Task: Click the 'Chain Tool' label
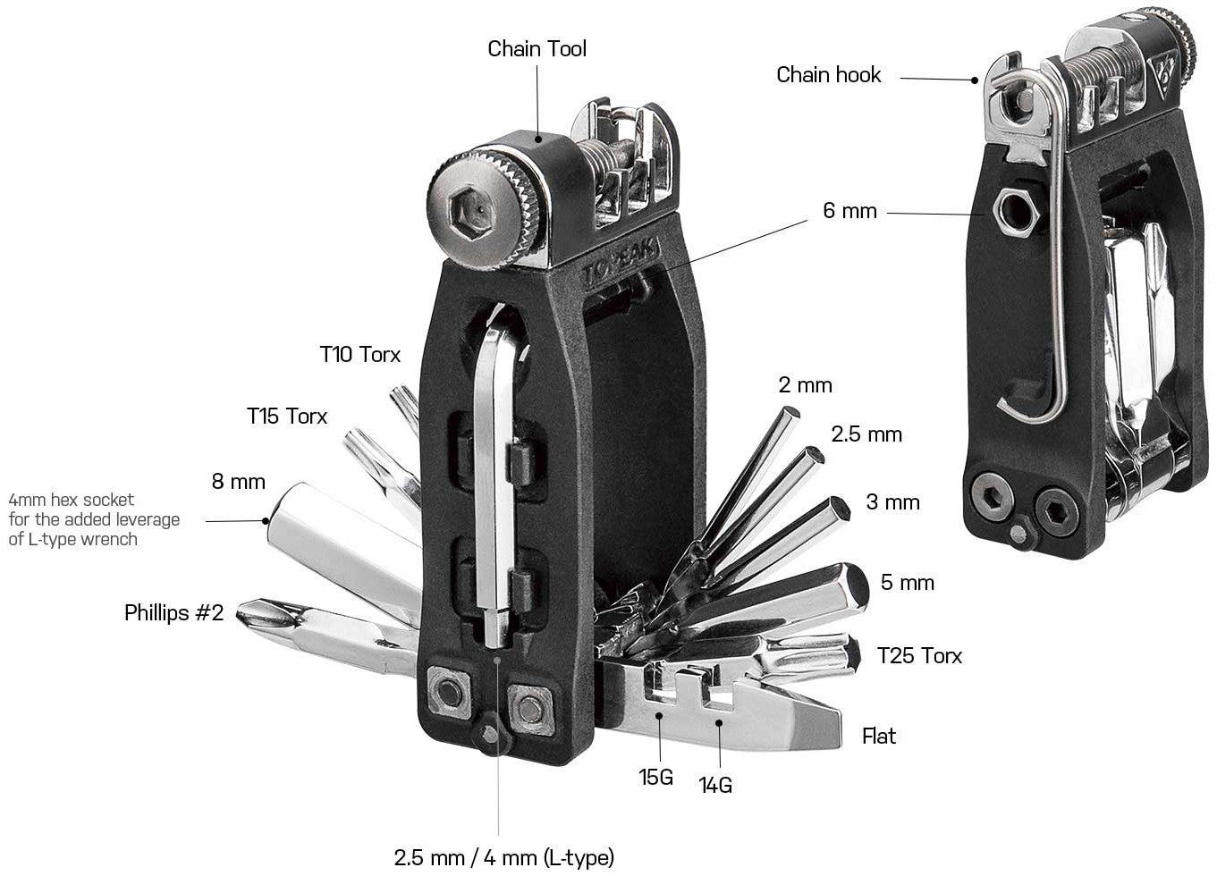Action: (537, 48)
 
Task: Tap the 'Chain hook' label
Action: (828, 75)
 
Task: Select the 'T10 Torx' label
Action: (360, 354)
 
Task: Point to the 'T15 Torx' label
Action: (287, 417)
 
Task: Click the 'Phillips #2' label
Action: (173, 613)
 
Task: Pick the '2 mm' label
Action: (805, 385)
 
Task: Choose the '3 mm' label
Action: (892, 502)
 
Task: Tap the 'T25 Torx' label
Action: (919, 656)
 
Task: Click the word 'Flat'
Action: (878, 737)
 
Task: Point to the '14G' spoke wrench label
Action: (715, 786)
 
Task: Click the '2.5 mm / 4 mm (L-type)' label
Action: (504, 858)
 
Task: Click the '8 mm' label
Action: (238, 482)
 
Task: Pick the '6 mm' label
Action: (849, 212)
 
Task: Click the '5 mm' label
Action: (907, 583)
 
